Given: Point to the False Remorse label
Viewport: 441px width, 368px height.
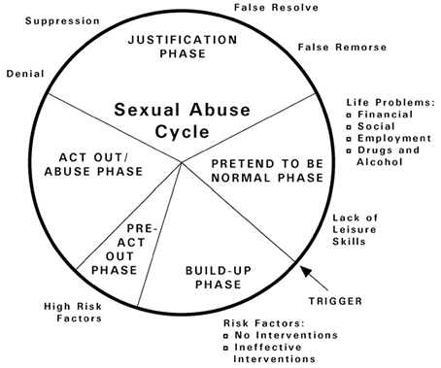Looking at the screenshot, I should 342,47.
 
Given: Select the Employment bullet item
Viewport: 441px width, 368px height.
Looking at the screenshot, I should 397,140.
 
